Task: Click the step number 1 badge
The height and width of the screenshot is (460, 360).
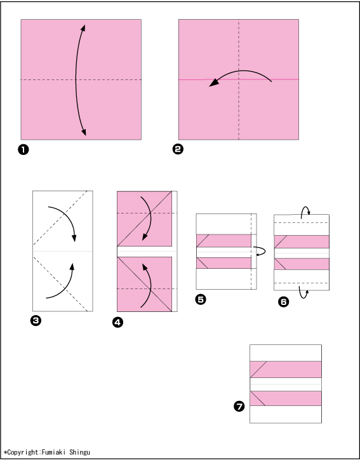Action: [x=23, y=150]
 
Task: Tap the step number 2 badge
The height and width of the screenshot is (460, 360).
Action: [x=178, y=149]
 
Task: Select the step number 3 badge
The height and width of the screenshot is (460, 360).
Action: [x=36, y=321]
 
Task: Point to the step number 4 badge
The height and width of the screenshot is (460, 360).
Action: [x=117, y=322]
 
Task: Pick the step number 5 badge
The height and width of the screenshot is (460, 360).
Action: [x=201, y=299]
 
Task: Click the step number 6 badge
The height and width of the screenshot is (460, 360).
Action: [x=283, y=302]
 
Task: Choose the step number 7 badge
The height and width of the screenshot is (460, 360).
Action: [x=239, y=407]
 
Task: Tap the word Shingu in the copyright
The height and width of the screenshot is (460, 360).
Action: [x=79, y=452]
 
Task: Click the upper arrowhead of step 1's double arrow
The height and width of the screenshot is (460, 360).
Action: [x=83, y=27]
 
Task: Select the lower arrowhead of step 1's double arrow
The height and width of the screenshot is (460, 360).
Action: [x=84, y=132]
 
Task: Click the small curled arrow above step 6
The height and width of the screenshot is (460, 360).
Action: [x=305, y=211]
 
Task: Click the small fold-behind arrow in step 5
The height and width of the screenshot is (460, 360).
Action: [x=260, y=251]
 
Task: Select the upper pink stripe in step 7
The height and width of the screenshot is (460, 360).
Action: [x=286, y=369]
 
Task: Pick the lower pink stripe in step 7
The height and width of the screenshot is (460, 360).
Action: [x=286, y=398]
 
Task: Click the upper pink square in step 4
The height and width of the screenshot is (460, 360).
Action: [x=145, y=219]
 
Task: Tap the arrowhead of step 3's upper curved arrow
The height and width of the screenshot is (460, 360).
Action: [x=74, y=238]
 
